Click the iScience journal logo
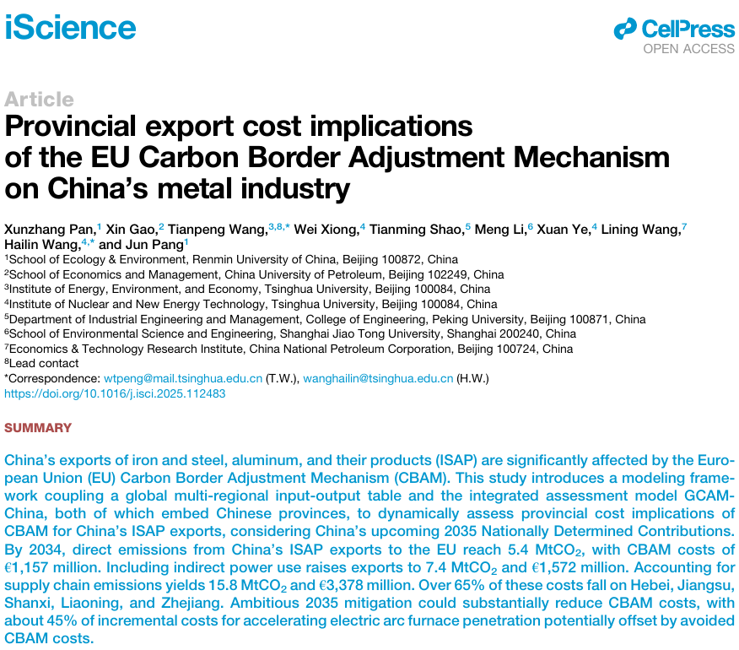[70, 27]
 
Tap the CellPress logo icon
[624, 30]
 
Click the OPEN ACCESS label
[688, 49]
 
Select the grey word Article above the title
[39, 99]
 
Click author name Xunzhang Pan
[50, 229]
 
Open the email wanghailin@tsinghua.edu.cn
[378, 380]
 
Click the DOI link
[115, 394]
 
